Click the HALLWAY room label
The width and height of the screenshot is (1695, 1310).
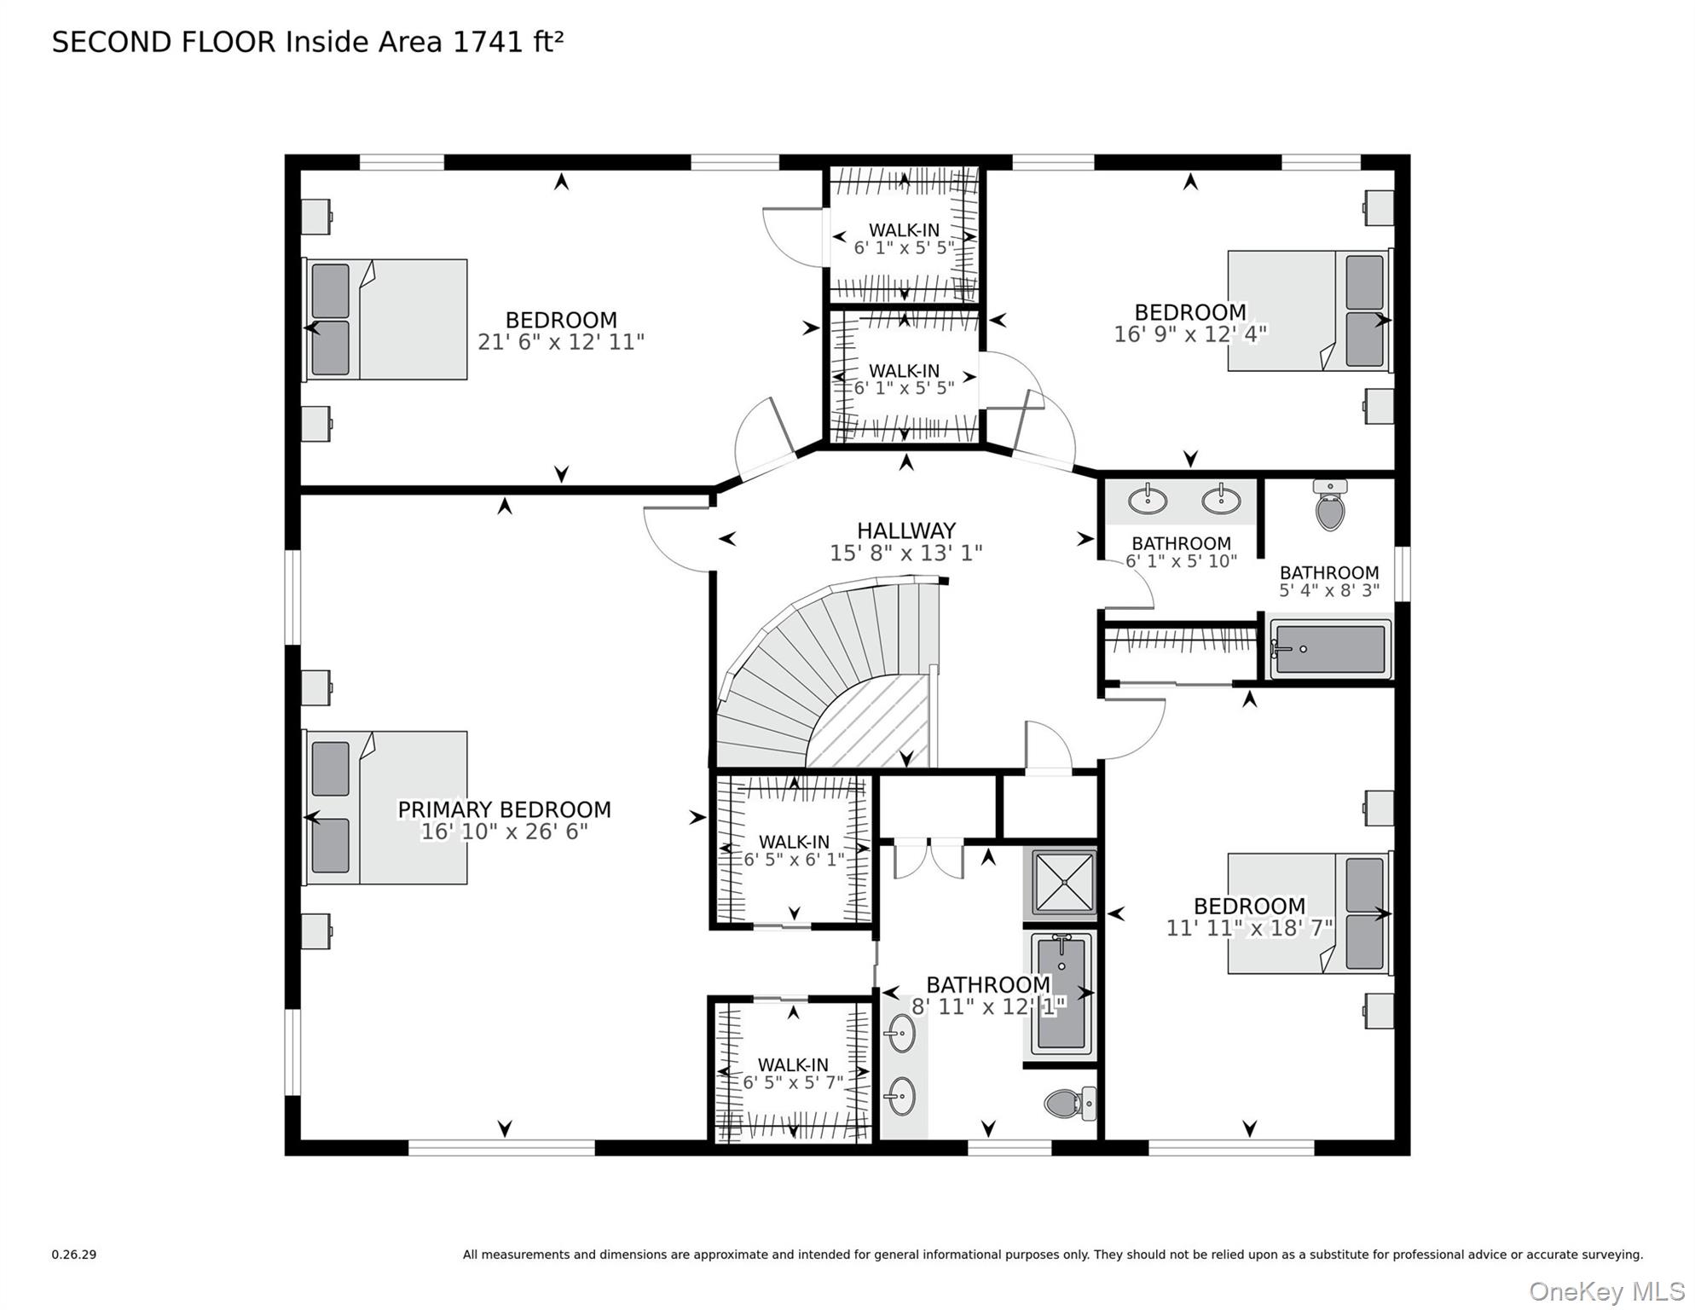pos(905,530)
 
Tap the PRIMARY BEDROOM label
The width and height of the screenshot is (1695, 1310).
pos(504,809)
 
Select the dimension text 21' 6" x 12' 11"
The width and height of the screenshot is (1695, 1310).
pos(560,342)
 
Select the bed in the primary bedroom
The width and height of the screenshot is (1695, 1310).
pos(386,807)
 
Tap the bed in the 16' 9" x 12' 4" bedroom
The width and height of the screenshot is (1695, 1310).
pos(1309,310)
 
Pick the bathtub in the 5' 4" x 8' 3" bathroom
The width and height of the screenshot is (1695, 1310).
pos(1330,649)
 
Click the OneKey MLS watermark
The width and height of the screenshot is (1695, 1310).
pos(1606,1291)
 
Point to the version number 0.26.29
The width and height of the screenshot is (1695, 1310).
pos(74,1255)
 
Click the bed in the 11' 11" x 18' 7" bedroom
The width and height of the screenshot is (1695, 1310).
pos(1309,913)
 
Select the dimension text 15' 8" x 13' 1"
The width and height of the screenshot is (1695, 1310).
pos(905,554)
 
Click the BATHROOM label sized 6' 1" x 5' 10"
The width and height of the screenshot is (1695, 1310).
pos(1181,543)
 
